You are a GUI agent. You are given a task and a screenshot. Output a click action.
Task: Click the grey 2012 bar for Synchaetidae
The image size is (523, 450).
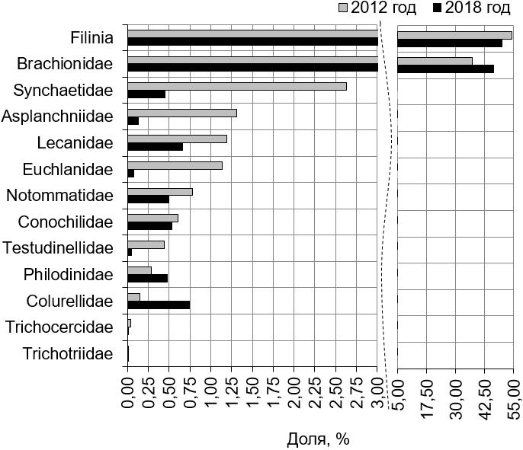(236, 86)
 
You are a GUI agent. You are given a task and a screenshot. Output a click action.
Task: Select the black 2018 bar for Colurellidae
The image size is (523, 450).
(159, 305)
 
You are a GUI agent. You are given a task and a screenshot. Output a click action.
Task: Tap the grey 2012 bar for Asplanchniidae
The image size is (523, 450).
(181, 113)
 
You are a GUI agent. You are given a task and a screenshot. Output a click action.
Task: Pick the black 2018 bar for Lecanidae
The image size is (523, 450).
(155, 146)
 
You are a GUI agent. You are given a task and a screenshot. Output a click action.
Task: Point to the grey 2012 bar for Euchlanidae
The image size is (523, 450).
(175, 165)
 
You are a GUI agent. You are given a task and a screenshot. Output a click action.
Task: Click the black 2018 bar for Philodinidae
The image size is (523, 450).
(147, 278)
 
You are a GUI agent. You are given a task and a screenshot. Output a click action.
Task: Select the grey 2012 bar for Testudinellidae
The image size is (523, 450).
(146, 244)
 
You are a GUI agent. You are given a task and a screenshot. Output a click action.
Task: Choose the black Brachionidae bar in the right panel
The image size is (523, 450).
(445, 69)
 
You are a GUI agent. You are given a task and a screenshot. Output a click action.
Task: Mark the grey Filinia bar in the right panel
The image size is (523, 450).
(454, 35)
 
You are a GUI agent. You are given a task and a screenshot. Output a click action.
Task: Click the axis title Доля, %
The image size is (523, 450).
(318, 439)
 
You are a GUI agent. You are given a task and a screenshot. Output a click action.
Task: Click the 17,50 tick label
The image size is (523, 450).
(427, 395)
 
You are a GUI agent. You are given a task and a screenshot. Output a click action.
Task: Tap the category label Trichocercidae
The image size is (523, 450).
(59, 327)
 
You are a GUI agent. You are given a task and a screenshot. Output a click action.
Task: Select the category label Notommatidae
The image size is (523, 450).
(59, 195)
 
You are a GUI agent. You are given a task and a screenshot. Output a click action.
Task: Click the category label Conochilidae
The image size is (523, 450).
(64, 222)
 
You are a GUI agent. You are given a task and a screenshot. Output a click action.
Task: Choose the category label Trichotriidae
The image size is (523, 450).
(68, 353)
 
